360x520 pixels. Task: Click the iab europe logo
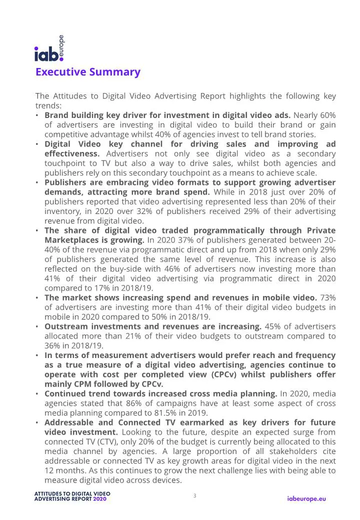(49, 49)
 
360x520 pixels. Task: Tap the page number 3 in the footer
(194, 495)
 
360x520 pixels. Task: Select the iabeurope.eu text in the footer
(306, 498)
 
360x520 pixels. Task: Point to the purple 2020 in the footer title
(99, 499)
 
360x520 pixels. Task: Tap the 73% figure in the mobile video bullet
(328, 297)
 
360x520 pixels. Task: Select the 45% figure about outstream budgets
(272, 326)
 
